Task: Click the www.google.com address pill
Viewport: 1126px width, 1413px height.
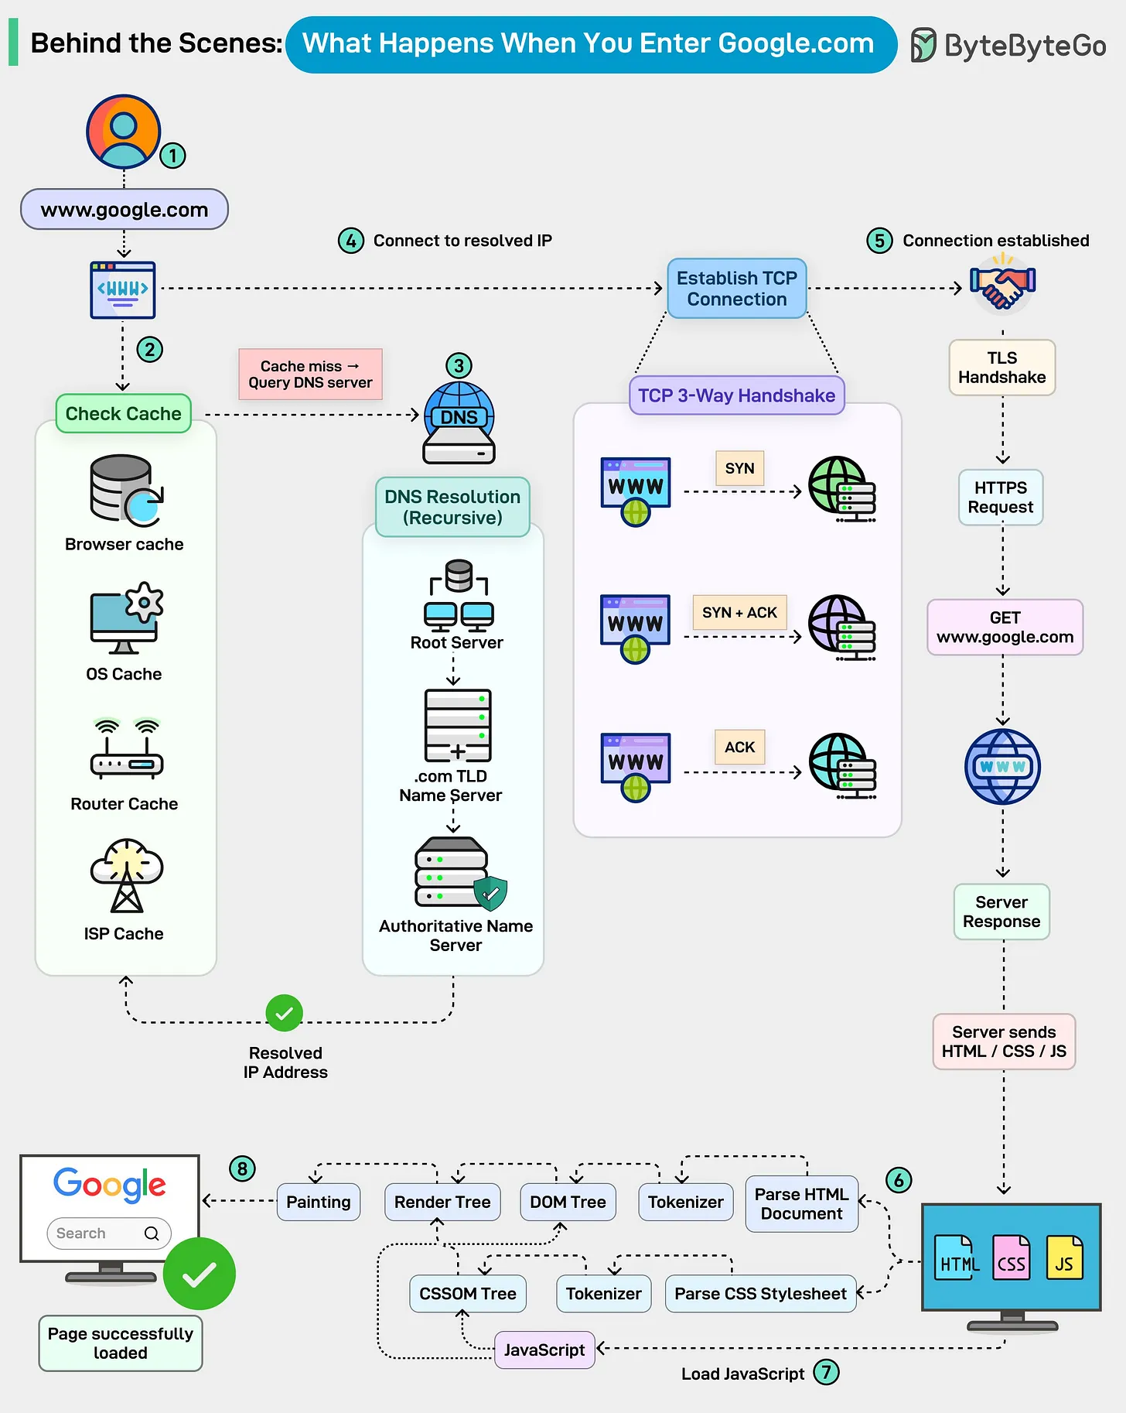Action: (125, 210)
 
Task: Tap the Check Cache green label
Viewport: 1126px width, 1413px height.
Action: (124, 414)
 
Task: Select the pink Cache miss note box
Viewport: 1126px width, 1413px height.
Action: (310, 375)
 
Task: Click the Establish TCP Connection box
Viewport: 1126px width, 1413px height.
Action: (736, 289)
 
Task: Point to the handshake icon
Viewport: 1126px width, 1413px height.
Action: (1002, 287)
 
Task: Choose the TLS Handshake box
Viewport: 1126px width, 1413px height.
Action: (1001, 368)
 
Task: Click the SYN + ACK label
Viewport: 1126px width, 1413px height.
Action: (739, 613)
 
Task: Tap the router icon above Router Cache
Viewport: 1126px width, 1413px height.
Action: (126, 751)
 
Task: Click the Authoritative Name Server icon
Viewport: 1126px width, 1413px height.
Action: (458, 874)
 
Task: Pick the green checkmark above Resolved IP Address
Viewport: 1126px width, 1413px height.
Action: (284, 1013)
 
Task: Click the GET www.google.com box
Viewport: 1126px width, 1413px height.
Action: (1005, 628)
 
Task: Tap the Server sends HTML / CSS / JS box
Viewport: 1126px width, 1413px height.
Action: (1004, 1042)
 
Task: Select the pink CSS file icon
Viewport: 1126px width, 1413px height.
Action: (1011, 1257)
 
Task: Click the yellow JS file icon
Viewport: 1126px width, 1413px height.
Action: (1064, 1257)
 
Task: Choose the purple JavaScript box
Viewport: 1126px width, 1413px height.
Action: (544, 1350)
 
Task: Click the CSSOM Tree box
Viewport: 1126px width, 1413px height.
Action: (467, 1294)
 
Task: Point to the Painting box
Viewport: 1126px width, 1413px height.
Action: (318, 1203)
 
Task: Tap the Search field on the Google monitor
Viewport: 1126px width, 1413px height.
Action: (108, 1233)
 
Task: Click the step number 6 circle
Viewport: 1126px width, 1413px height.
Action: (898, 1181)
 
